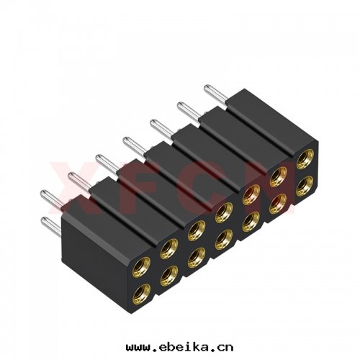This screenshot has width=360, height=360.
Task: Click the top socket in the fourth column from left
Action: tap(224, 211)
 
